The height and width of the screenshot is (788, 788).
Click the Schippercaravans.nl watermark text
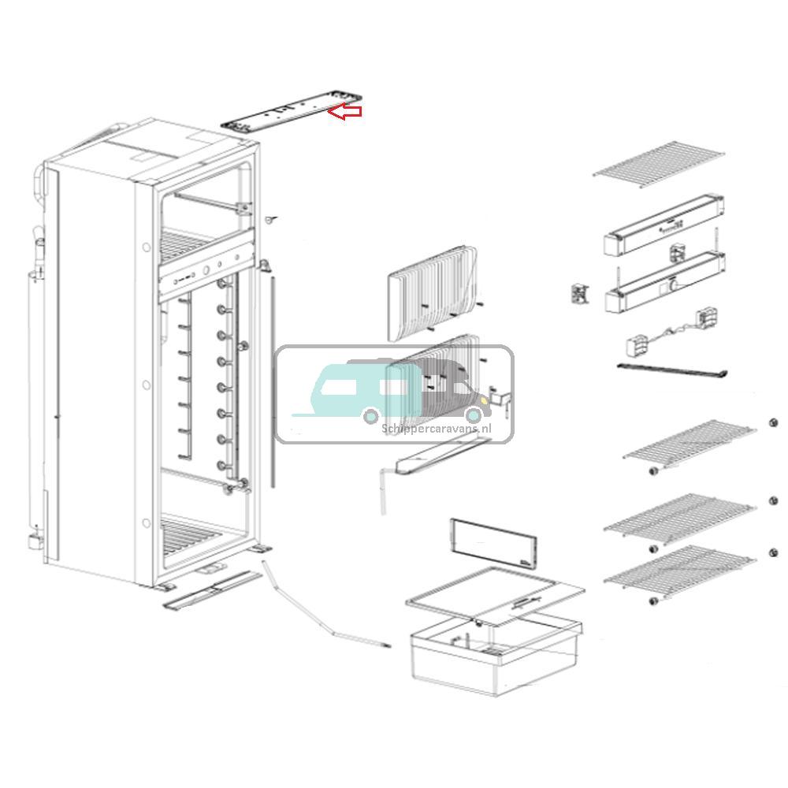pos(436,428)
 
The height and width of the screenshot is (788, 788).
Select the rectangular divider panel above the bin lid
pos(492,544)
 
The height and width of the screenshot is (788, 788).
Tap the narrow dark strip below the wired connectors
pos(670,370)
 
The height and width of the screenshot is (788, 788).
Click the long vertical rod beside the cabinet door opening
pos(272,378)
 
